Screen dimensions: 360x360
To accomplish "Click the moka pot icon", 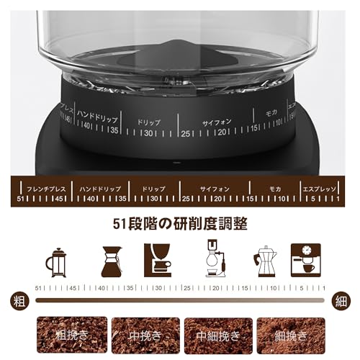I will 264,260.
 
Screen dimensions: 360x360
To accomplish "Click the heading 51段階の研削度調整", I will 180,225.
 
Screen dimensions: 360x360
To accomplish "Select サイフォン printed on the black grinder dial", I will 217,122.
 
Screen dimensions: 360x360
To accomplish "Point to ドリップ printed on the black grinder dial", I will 148,122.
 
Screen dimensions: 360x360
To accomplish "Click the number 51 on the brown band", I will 21,198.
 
